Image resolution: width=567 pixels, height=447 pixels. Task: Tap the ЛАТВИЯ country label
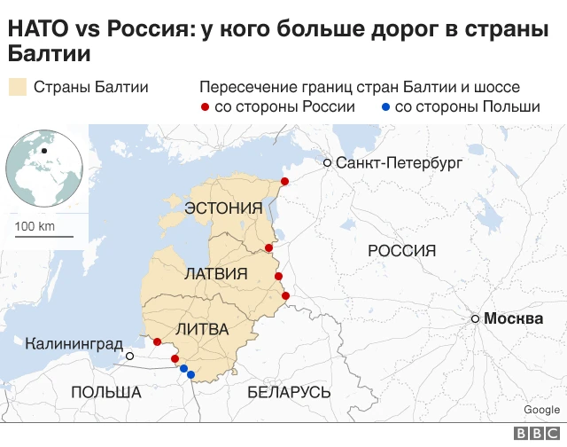[214, 274]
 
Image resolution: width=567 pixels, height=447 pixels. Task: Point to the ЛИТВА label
[202, 329]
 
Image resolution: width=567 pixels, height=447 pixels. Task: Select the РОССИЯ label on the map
[401, 251]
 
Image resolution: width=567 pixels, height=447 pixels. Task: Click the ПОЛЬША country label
[106, 392]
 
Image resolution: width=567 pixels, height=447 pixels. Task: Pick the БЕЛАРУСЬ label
[289, 392]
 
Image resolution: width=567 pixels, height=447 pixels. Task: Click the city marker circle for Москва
[476, 318]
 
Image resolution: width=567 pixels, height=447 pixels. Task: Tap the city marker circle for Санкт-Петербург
[328, 163]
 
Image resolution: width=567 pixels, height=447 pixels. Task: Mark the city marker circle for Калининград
[130, 356]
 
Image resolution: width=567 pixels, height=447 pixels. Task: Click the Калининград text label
[74, 343]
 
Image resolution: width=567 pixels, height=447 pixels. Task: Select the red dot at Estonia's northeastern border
[284, 181]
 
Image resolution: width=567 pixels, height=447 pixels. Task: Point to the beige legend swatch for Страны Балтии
[17, 87]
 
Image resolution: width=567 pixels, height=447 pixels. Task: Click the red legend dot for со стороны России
[206, 107]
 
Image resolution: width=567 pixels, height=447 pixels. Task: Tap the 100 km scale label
[35, 226]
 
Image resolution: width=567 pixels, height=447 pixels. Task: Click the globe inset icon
[44, 167]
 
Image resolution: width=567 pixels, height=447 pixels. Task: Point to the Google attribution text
[541, 410]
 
